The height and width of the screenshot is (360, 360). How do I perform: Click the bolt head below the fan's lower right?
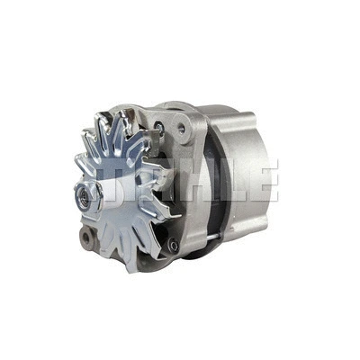173,244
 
